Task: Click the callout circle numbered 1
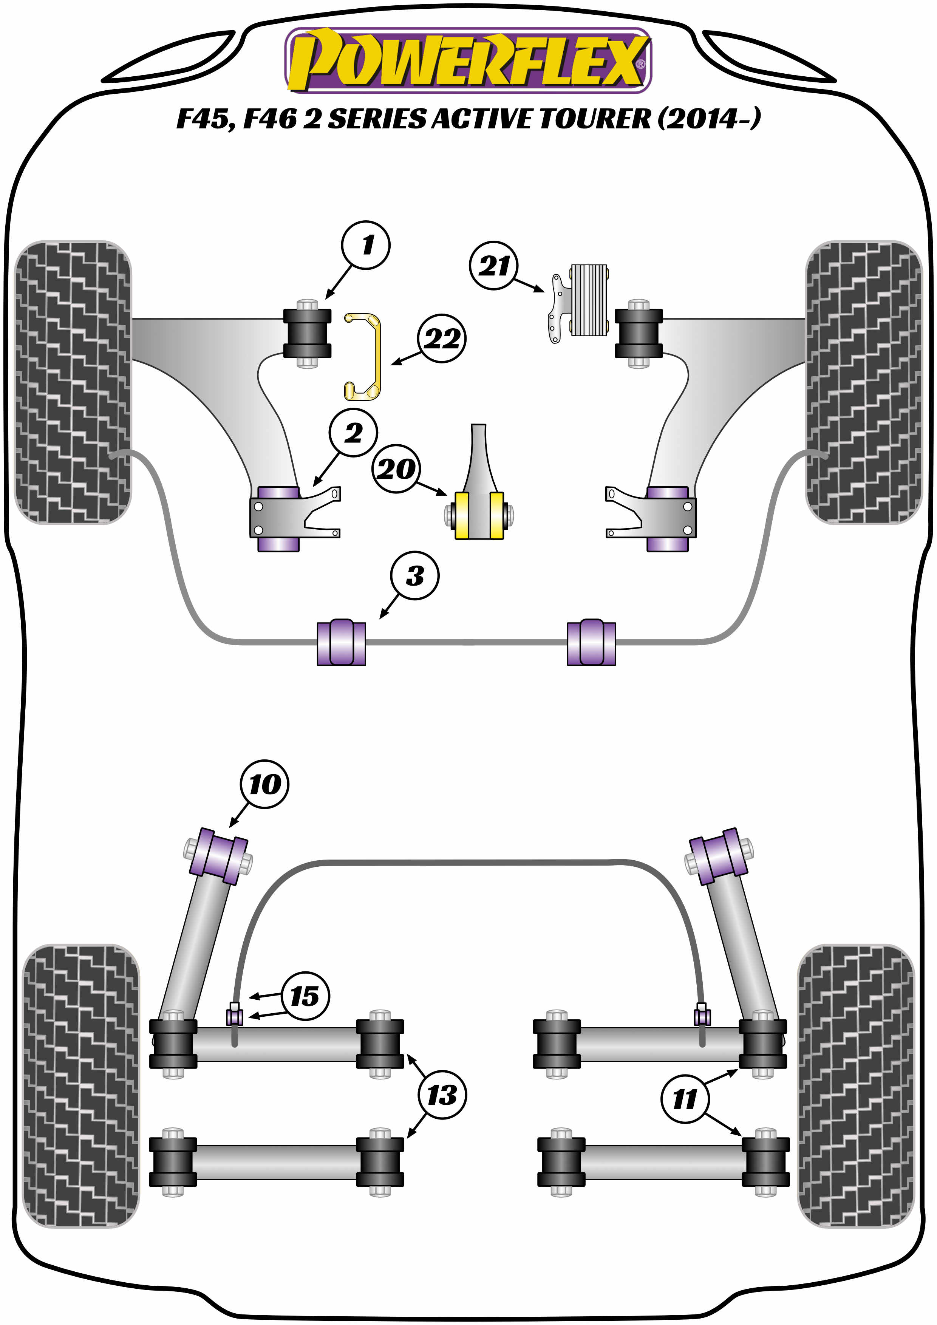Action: pos(366,245)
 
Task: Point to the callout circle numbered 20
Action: pos(396,468)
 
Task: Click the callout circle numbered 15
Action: pos(305,996)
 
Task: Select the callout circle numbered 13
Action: pos(442,1095)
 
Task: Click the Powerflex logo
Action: pos(468,60)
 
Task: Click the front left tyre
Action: pos(73,382)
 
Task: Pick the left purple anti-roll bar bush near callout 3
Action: pos(342,642)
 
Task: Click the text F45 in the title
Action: pos(203,119)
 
